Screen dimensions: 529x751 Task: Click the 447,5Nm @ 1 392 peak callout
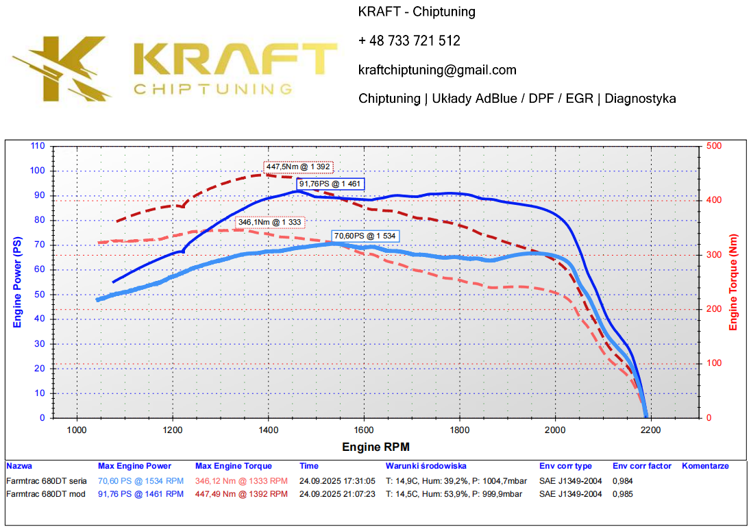[x=298, y=167]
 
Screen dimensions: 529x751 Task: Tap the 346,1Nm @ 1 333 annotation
[x=271, y=222]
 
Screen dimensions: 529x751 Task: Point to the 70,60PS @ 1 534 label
[x=365, y=236]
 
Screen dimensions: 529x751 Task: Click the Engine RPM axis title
[x=376, y=447]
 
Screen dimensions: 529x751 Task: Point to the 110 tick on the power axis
[x=38, y=146]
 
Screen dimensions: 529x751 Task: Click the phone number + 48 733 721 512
[x=409, y=41]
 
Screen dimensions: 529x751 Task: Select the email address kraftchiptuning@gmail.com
[x=437, y=70]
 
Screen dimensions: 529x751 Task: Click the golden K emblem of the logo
[x=65, y=66]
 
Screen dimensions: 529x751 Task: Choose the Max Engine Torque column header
[x=233, y=467]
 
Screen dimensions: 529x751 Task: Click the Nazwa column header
[x=19, y=467]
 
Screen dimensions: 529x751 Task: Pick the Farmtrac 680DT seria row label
[x=46, y=481]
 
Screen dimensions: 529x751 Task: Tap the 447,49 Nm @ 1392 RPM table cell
[x=241, y=494]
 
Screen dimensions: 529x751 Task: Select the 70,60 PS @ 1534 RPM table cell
[x=140, y=481]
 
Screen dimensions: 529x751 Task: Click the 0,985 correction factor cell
[x=624, y=494]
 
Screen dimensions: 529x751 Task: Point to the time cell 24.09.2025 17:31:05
[x=337, y=481]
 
